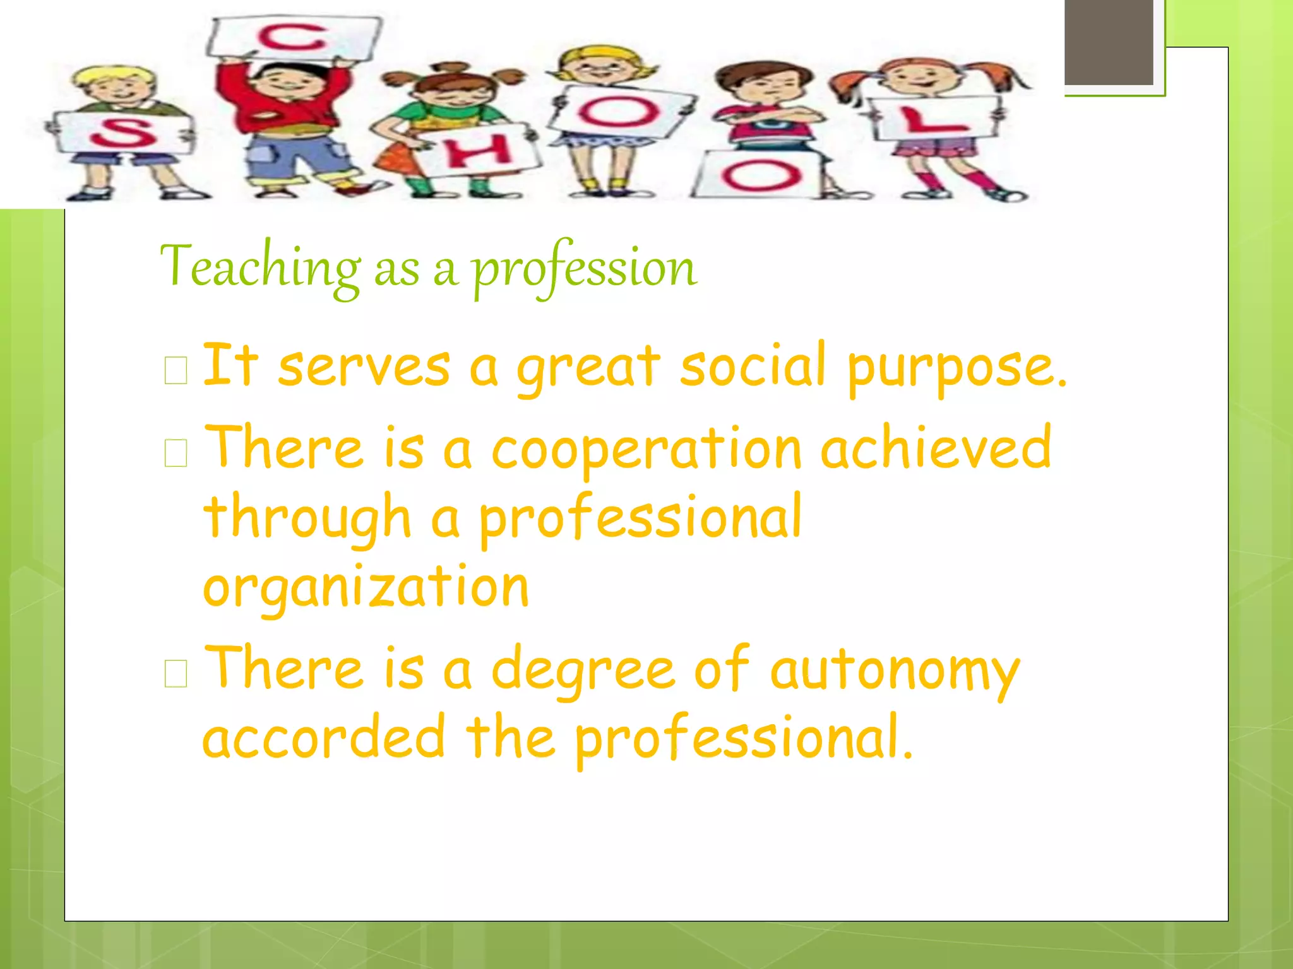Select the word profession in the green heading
tap(585, 267)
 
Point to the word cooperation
tap(646, 449)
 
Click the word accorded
tap(324, 737)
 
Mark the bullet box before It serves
tap(176, 370)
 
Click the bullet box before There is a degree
tap(176, 674)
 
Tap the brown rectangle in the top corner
tap(1109, 42)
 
